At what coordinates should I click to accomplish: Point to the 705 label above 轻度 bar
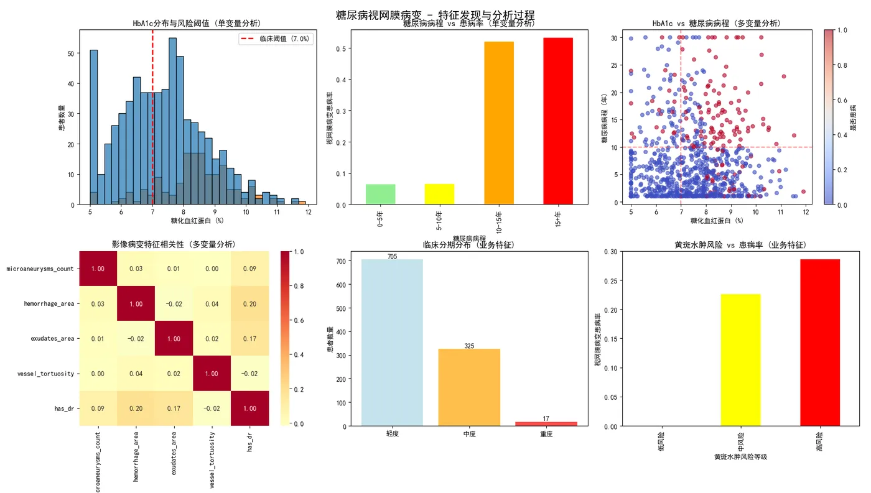[x=392, y=256]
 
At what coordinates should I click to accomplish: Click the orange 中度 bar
[x=469, y=387]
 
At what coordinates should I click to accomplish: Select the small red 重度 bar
[x=546, y=423]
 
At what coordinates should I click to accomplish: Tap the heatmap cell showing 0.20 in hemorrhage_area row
[x=249, y=304]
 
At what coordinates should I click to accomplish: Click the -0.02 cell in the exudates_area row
[x=136, y=339]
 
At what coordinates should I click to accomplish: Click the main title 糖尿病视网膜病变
[x=435, y=15]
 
